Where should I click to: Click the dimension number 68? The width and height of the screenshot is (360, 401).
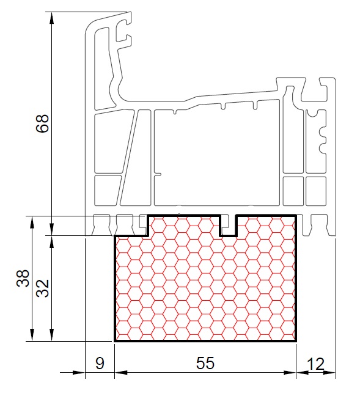[x=42, y=123]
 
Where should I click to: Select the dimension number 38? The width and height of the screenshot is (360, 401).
[x=23, y=278]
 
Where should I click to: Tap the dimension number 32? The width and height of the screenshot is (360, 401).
[x=42, y=289]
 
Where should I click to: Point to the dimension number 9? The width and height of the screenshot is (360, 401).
[x=100, y=363]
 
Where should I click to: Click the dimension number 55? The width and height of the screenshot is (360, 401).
[x=205, y=363]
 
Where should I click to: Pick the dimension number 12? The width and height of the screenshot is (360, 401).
[x=316, y=364]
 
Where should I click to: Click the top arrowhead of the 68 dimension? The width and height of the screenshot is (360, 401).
[x=52, y=18]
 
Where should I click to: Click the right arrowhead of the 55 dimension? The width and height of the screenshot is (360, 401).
[x=290, y=373]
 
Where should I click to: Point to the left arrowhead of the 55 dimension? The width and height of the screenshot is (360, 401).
[x=121, y=373]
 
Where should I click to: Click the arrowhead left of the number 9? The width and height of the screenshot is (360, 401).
[x=79, y=373]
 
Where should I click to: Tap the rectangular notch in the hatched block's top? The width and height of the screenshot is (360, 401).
[x=228, y=226]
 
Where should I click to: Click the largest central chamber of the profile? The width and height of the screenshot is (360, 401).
[x=216, y=156]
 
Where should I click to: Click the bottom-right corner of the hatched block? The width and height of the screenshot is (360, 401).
[x=296, y=341]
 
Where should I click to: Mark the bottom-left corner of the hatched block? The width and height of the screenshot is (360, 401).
[x=114, y=341]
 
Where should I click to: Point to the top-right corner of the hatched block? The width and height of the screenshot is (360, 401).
[x=296, y=216]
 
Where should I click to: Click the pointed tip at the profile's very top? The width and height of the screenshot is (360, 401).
[x=131, y=12]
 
